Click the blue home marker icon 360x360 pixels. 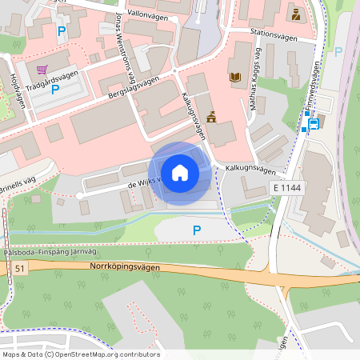(180, 173)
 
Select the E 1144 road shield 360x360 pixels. (286, 186)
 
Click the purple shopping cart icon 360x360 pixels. (42, 70)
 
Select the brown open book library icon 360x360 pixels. (235, 78)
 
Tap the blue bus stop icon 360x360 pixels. (314, 124)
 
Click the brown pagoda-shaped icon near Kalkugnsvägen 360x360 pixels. (211, 118)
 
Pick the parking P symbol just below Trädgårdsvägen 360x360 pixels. (55, 90)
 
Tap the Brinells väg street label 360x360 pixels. (18, 182)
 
